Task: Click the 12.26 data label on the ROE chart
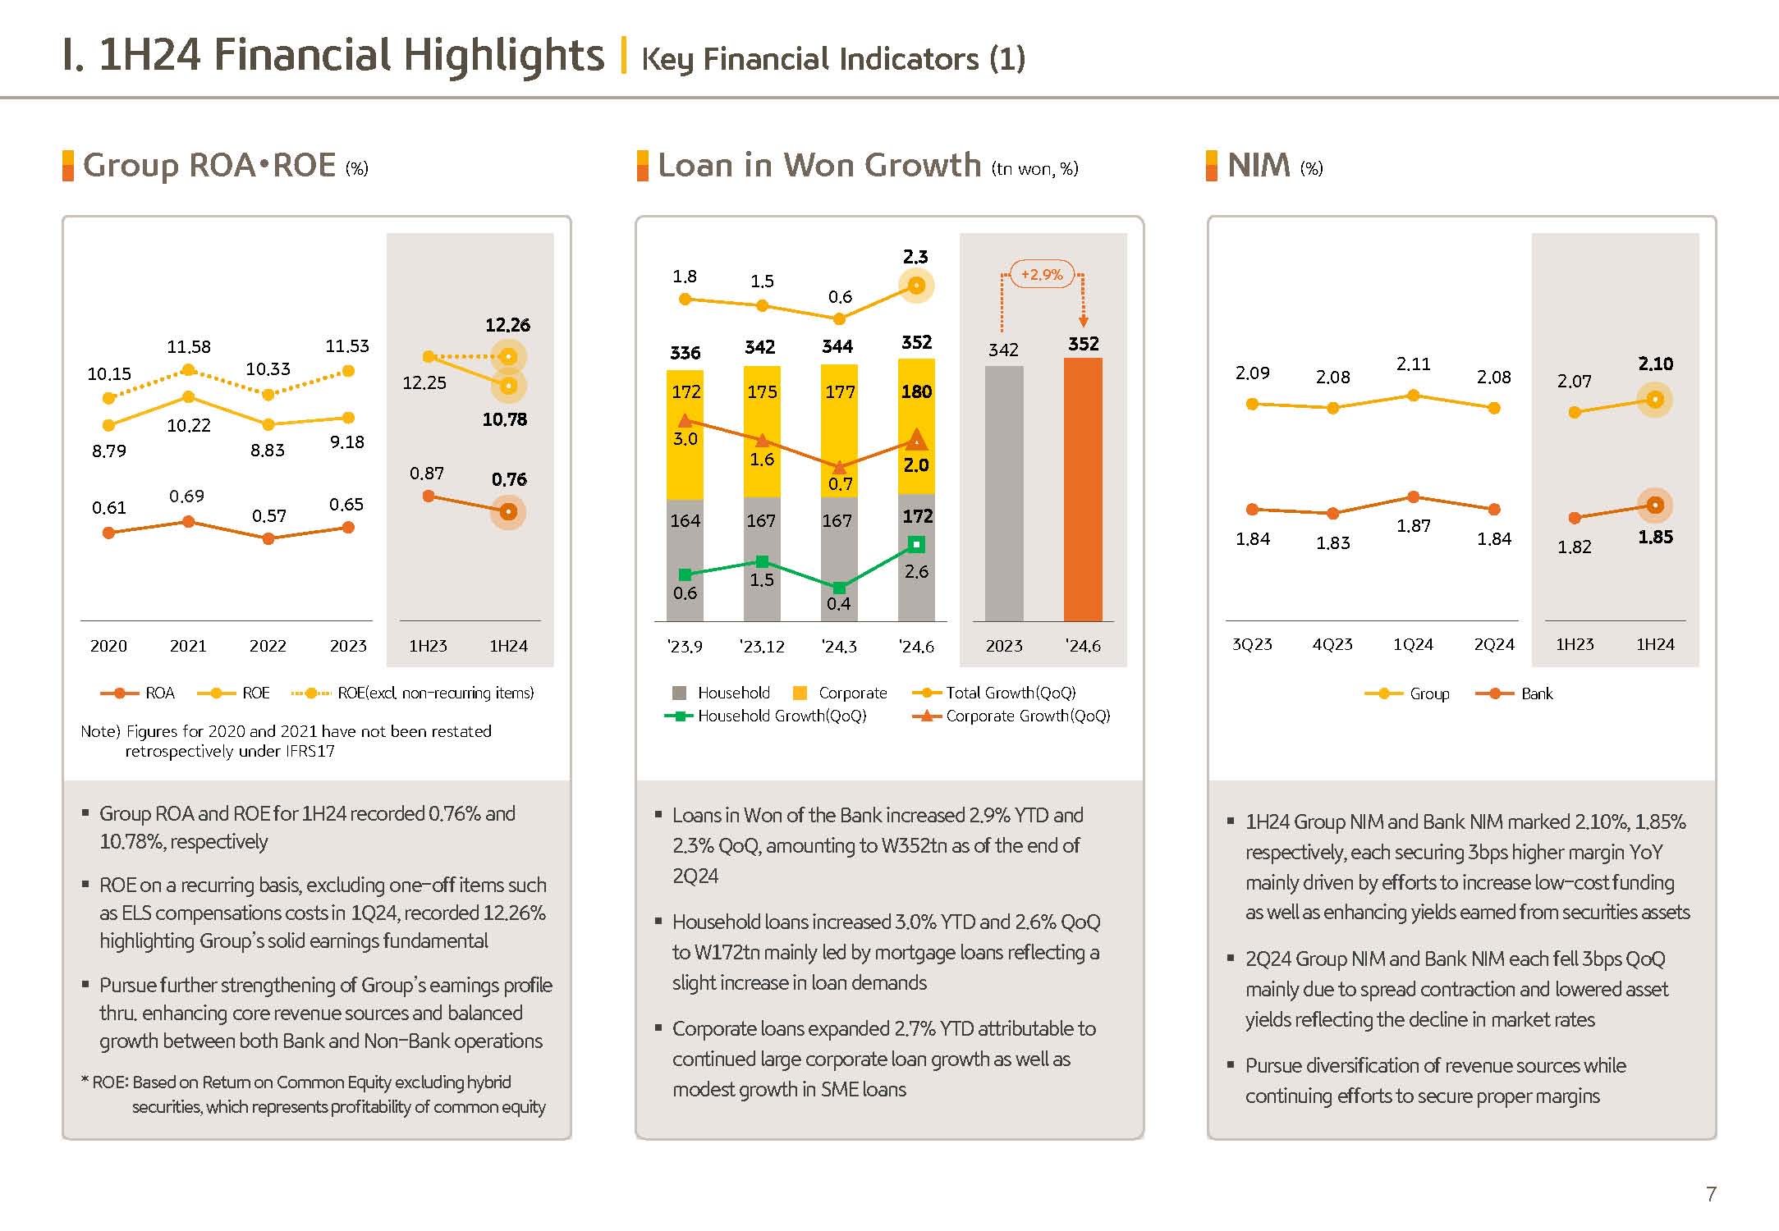[x=507, y=325]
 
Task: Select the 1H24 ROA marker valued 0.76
[x=508, y=512]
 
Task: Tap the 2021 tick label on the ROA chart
[x=188, y=646]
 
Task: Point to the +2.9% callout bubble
[x=1041, y=275]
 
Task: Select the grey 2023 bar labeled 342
[x=1004, y=493]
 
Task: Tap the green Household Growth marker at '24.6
[x=917, y=544]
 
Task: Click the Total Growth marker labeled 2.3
[x=917, y=286]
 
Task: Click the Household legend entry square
[x=679, y=693]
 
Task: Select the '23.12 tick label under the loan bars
[x=762, y=647]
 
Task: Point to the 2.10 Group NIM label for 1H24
[x=1655, y=364]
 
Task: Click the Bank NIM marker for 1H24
[x=1655, y=506]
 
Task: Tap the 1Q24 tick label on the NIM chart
[x=1413, y=645]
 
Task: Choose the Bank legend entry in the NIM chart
[x=1536, y=694]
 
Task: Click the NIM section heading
[x=1259, y=166]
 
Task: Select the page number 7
[x=1711, y=1194]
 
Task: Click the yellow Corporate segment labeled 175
[x=762, y=392]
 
